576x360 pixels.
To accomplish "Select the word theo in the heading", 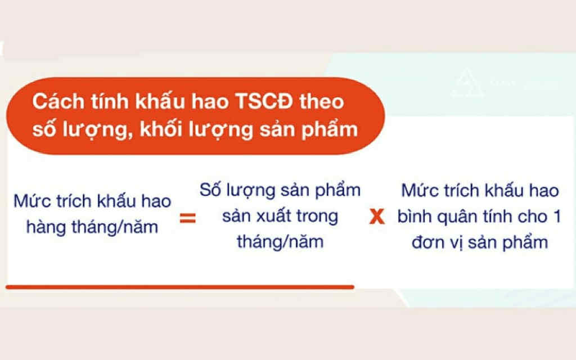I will point(322,103).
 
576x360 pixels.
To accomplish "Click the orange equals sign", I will point(187,218).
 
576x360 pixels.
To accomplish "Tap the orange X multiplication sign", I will point(376,217).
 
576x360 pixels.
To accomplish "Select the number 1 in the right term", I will point(556,217).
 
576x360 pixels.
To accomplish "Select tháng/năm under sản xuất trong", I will point(280,242).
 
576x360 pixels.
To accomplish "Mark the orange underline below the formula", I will point(180,287).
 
